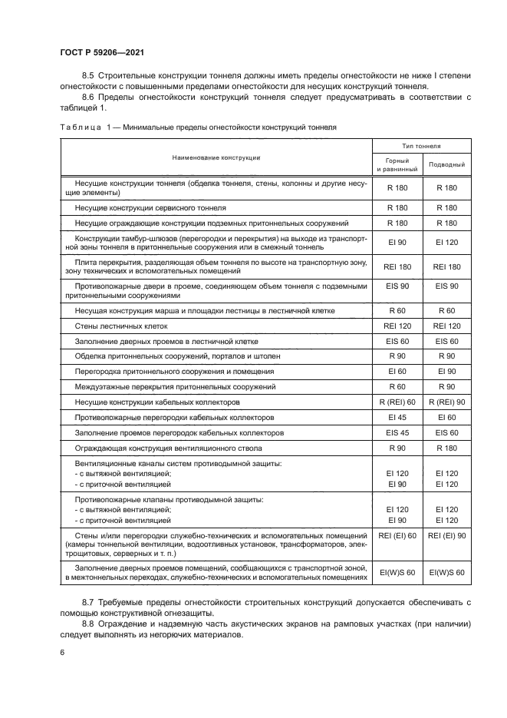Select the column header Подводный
pos(446,164)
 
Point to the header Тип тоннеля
pos(422,144)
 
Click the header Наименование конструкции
pos(216,157)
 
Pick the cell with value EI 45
pos(397,417)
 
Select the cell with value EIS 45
pos(397,432)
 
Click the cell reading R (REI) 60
pos(397,402)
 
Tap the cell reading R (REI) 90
pos(446,402)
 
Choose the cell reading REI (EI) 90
pos(446,534)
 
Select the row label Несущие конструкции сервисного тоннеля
pos(150,207)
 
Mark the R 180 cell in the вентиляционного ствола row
pos(446,447)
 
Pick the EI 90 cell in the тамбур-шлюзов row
pos(397,242)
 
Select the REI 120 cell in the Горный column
pos(397,326)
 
